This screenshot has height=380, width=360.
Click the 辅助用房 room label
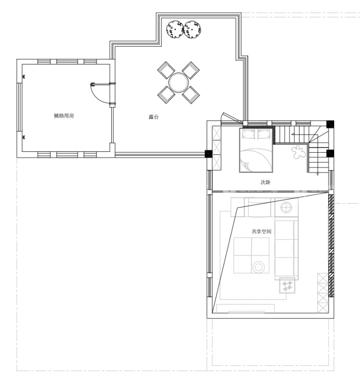[64, 116]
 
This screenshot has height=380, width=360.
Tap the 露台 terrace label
[154, 117]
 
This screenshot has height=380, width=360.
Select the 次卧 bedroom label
[265, 182]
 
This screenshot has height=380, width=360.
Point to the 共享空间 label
[262, 232]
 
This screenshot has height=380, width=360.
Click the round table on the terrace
[179, 83]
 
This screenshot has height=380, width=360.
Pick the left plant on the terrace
[175, 29]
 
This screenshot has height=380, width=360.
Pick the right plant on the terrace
[192, 29]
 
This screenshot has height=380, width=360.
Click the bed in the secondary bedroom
[256, 150]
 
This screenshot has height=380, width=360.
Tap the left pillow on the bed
[249, 134]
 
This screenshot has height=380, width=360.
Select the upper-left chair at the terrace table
[166, 70]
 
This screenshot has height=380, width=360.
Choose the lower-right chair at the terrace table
[191, 95]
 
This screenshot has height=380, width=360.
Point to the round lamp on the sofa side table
[287, 208]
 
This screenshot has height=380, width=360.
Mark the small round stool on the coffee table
[259, 267]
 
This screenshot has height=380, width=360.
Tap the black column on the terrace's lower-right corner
[208, 154]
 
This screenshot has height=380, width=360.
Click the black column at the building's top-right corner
[330, 124]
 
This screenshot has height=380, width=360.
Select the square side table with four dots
[287, 285]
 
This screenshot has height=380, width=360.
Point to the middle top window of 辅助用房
[67, 62]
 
